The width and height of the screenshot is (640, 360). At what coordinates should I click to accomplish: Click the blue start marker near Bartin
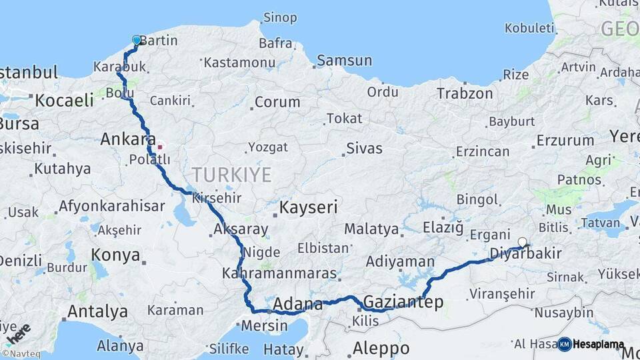[137, 40]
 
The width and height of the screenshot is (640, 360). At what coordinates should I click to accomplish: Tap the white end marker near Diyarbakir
[522, 243]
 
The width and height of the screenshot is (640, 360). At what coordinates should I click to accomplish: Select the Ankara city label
[123, 140]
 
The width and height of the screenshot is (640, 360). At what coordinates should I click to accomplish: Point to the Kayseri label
[308, 207]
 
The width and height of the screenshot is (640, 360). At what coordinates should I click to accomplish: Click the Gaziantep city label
[403, 303]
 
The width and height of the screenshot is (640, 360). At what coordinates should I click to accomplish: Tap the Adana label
[297, 304]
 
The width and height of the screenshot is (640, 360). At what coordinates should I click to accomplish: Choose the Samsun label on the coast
[344, 61]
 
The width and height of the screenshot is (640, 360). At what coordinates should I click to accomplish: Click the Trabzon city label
[465, 93]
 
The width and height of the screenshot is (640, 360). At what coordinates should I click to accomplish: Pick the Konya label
[115, 255]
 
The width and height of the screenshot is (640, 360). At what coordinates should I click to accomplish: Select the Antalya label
[97, 311]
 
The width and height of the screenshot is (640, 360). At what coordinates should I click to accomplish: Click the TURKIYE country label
[231, 175]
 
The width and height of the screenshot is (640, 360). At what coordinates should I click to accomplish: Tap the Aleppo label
[381, 348]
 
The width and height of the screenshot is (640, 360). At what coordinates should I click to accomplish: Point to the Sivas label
[364, 148]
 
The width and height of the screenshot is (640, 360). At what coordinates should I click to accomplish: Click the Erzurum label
[565, 141]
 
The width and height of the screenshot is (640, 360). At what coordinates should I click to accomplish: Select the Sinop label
[280, 17]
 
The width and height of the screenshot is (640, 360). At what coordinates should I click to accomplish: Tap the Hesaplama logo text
[598, 345]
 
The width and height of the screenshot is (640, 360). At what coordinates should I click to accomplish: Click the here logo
[17, 334]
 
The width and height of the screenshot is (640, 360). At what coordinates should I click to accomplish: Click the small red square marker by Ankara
[159, 146]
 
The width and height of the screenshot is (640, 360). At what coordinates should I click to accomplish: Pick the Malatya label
[371, 229]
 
